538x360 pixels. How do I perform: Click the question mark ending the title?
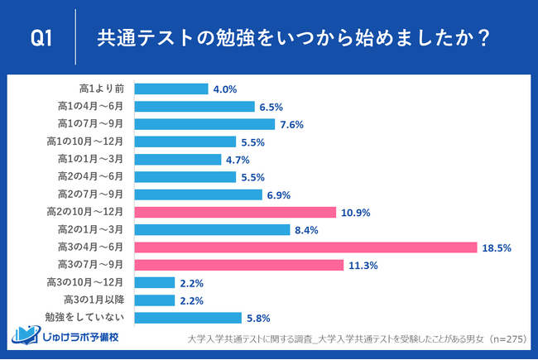483,38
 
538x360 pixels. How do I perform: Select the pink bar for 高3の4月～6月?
305,247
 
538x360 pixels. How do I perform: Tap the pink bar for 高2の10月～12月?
234,212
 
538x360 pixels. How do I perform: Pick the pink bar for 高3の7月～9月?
238,265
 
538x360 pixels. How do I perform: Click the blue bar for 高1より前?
171,89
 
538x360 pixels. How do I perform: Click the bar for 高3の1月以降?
154,300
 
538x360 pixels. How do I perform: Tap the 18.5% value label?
498,247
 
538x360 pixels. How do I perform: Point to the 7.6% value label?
291,124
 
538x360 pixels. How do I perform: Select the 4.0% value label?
226,89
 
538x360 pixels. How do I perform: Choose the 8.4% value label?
308,230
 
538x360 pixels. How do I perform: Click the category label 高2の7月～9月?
91,194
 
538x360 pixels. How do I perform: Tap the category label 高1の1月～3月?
91,159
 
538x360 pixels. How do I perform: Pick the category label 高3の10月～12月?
88,282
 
